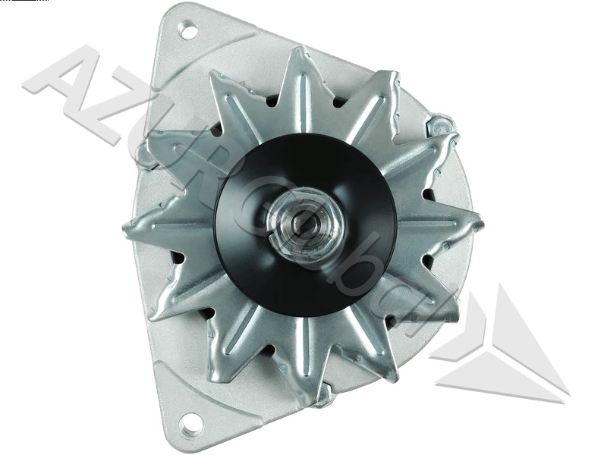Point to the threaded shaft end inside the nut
pyautogui.click(x=305, y=224)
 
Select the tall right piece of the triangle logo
pyautogui.click(x=524, y=334)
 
